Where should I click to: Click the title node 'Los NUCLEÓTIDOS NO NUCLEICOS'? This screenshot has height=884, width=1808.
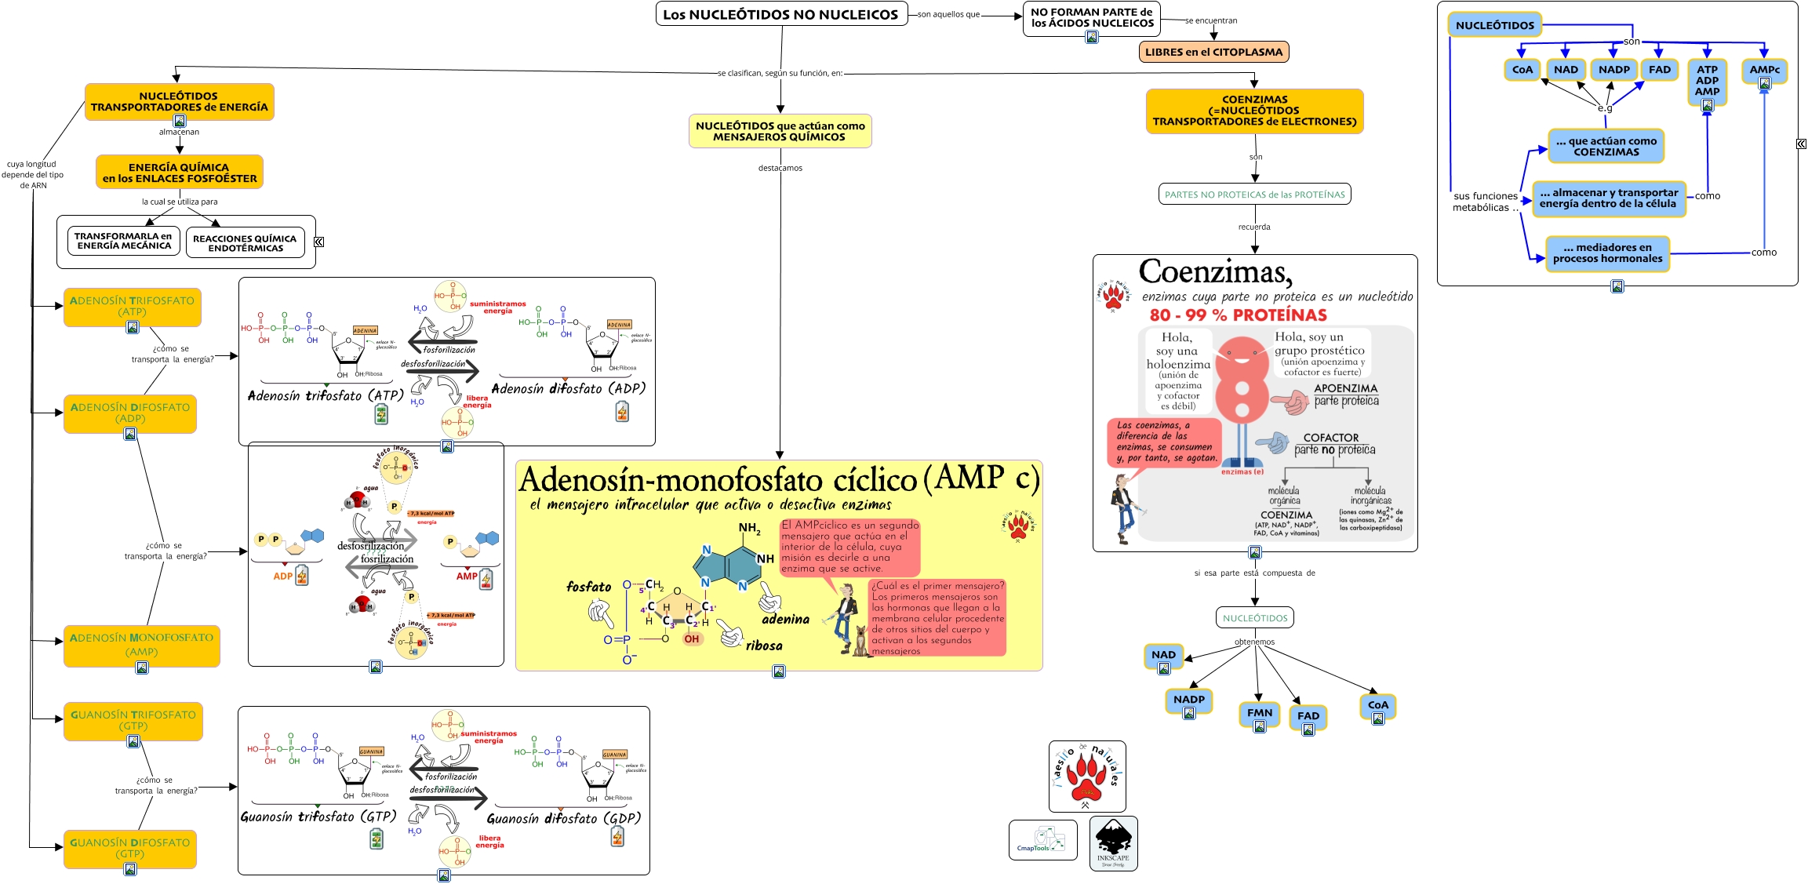point(780,14)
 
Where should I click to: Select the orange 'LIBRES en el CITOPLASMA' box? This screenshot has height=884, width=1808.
point(1213,52)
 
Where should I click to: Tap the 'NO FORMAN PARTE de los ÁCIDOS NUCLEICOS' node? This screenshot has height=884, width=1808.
point(1092,17)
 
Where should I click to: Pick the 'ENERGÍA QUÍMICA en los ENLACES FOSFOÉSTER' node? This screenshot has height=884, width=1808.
point(180,173)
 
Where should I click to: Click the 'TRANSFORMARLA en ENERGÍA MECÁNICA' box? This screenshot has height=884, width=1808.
point(124,241)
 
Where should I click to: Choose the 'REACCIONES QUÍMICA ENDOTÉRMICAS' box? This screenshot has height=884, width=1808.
point(246,243)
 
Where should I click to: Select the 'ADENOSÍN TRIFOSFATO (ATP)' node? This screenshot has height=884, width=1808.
point(132,306)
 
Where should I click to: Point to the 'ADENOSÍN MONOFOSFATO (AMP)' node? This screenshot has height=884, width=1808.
point(141,645)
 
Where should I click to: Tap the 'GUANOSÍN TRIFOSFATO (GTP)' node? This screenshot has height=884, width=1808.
point(133,720)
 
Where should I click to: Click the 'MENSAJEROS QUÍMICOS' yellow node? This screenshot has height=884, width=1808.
point(780,131)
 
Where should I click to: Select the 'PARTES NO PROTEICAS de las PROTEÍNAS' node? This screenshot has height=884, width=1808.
point(1254,195)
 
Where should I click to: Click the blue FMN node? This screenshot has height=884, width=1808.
point(1260,713)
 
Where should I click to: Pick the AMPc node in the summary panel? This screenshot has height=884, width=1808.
point(1764,70)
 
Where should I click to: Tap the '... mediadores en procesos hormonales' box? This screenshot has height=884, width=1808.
point(1607,253)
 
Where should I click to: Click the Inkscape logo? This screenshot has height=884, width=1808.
point(1113,842)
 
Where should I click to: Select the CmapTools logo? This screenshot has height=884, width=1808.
point(1042,840)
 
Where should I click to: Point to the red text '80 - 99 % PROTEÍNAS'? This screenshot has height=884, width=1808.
point(1238,315)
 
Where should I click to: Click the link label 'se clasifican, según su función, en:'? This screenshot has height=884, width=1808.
point(780,73)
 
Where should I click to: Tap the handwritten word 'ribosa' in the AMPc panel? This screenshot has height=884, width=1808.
point(764,646)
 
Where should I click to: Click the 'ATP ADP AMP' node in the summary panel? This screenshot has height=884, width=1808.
point(1707,81)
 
